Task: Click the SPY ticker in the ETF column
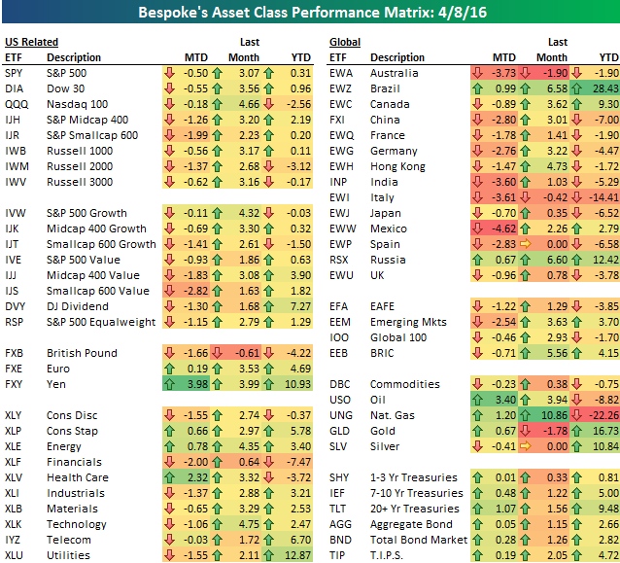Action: [14, 73]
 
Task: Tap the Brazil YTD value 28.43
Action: [603, 88]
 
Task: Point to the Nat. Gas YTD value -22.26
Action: [602, 415]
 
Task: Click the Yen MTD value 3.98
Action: [195, 385]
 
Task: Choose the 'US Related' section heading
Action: [31, 42]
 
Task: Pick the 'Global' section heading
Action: [345, 42]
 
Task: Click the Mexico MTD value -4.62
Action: [500, 229]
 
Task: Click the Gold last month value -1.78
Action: [551, 431]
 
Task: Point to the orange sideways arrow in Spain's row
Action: [531, 244]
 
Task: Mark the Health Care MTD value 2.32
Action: [195, 477]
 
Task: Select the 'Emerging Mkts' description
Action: [407, 322]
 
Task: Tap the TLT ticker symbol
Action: [339, 509]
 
